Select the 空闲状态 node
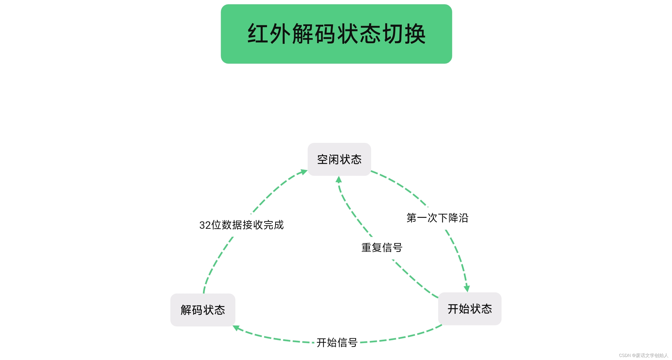(339, 159)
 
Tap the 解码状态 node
(203, 310)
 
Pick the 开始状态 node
(469, 309)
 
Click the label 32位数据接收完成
(241, 225)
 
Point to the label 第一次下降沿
(437, 218)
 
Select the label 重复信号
(382, 247)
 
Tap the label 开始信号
(337, 342)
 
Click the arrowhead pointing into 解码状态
(236, 328)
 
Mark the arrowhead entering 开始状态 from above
(467, 289)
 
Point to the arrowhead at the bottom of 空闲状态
(339, 179)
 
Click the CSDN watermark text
(643, 355)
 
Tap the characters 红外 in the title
(269, 34)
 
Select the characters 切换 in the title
(404, 34)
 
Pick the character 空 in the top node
(322, 159)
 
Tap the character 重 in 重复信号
(366, 247)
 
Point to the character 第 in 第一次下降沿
(412, 218)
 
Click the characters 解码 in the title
(314, 34)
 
